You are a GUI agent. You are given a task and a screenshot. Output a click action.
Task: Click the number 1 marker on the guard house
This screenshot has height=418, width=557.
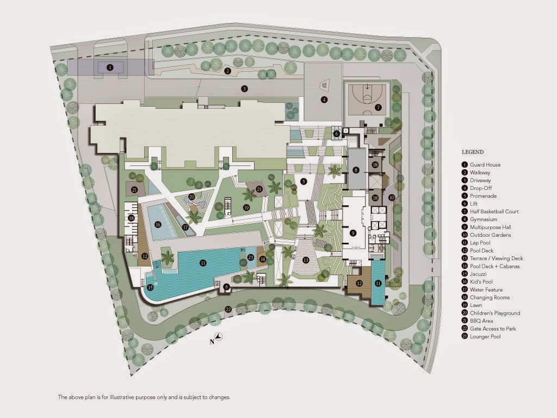pos(110,67)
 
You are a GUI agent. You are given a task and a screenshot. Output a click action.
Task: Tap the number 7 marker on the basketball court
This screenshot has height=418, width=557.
pos(379,107)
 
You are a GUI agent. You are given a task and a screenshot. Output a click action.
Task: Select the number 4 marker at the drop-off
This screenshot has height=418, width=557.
pos(324,100)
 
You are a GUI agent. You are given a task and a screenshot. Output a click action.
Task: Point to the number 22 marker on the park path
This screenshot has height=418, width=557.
pos(228,309)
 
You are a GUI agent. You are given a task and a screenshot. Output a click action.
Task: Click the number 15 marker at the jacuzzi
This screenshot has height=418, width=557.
pos(150,287)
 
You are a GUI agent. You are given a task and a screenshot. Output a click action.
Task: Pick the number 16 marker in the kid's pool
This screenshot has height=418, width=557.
pos(158,225)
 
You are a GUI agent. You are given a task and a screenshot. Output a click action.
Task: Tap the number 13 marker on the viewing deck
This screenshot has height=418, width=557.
pos(306,260)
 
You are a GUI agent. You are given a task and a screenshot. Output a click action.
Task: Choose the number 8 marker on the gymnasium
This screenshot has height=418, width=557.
pos(356,170)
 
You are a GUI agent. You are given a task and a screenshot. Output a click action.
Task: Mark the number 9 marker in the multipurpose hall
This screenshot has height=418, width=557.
pos(352,233)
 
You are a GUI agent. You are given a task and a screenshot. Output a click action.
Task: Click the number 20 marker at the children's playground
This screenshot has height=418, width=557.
pos(192,196)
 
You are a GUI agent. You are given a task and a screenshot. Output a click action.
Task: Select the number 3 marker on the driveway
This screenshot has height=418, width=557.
pos(244,89)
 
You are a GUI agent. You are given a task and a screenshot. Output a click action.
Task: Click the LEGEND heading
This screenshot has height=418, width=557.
pos(473,152)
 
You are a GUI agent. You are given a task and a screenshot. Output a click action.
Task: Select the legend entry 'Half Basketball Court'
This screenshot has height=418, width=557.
pos(494,212)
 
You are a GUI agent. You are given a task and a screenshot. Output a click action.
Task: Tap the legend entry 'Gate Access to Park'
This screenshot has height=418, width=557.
pos(493,329)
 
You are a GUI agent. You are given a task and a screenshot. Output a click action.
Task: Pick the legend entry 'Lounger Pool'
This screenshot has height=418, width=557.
pos(485,336)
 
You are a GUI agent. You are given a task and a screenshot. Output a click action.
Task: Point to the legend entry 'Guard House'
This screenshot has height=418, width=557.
pos(485,164)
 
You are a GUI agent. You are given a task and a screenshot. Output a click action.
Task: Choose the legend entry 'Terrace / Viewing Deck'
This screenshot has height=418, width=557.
pos(497,259)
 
